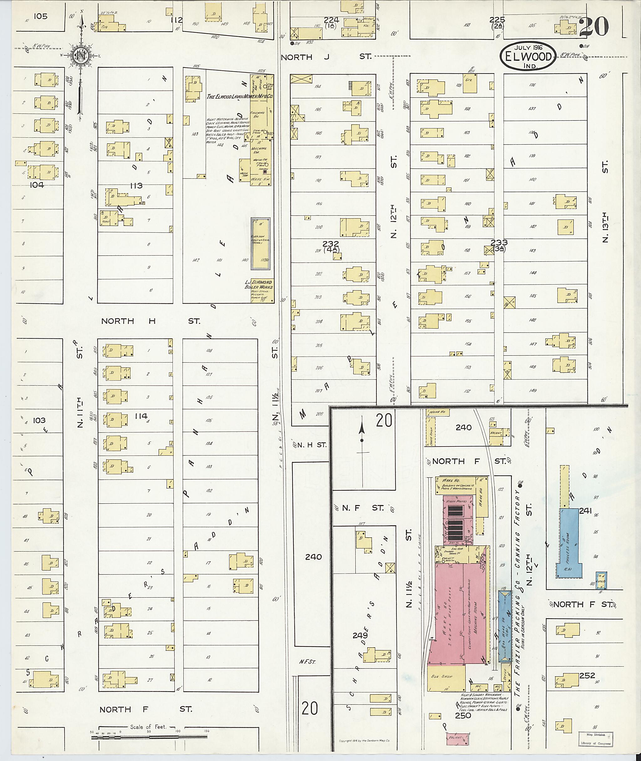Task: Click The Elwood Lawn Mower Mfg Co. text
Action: (x=240, y=97)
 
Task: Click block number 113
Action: (x=136, y=186)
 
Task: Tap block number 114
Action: (x=141, y=416)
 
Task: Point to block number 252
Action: (x=587, y=675)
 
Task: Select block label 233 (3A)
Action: (x=499, y=245)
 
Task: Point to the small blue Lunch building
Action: (x=601, y=581)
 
